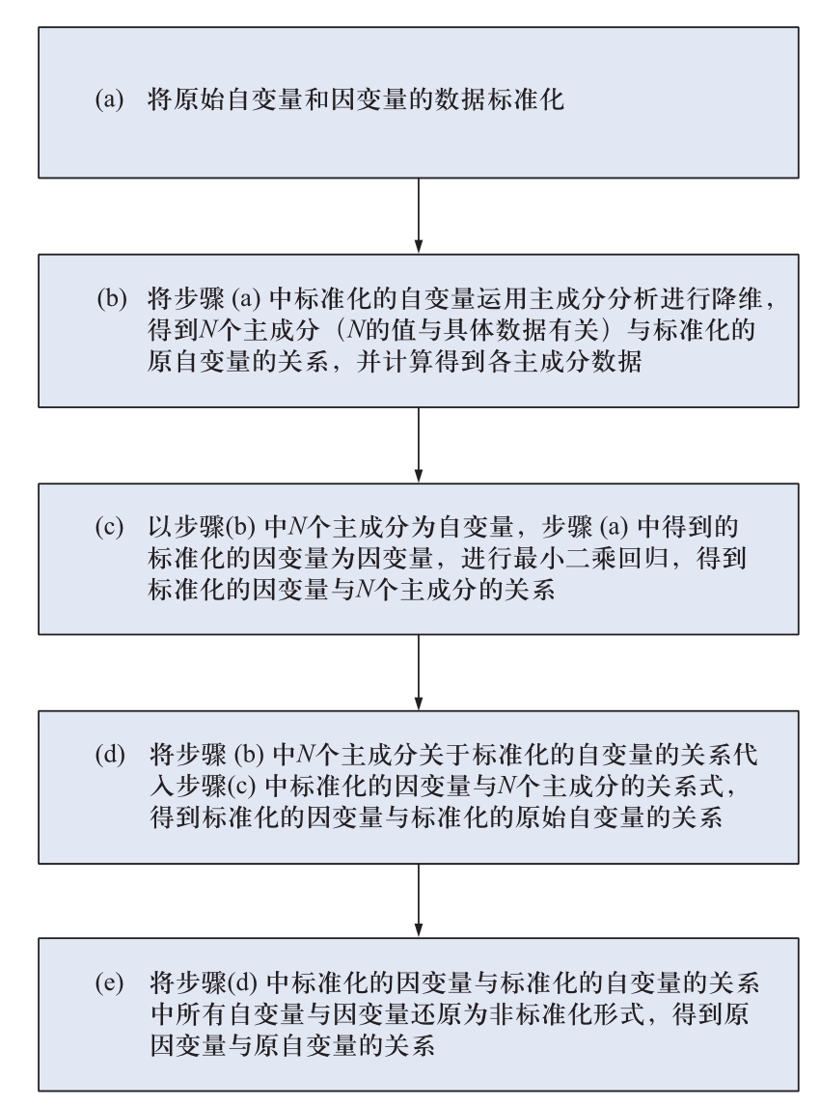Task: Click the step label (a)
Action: point(109,99)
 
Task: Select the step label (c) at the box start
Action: point(109,527)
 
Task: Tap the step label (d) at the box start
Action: point(110,755)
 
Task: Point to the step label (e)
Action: point(109,982)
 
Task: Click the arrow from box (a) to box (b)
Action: point(418,215)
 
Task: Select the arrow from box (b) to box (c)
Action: point(418,445)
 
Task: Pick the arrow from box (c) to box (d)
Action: point(418,673)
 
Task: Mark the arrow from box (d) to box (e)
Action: point(418,900)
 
